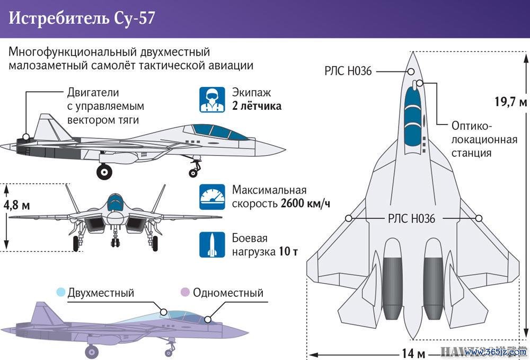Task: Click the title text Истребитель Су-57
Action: [82, 18]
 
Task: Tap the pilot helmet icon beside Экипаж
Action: [212, 99]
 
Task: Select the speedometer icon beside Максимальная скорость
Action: [212, 197]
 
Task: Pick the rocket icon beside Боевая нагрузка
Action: [212, 245]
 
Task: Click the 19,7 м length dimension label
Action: [511, 101]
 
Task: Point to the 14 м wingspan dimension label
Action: [413, 354]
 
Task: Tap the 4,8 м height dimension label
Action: [17, 205]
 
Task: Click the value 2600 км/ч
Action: [305, 204]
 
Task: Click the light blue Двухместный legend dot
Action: [61, 292]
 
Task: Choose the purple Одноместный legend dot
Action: [185, 292]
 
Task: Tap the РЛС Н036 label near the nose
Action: [348, 71]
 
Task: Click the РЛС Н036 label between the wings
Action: [411, 219]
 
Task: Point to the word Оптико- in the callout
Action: [470, 126]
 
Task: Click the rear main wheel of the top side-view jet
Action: [104, 172]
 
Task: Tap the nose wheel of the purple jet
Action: [169, 353]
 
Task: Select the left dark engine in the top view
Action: [393, 288]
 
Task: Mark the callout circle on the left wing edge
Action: [349, 218]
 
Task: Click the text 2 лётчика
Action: [257, 106]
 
